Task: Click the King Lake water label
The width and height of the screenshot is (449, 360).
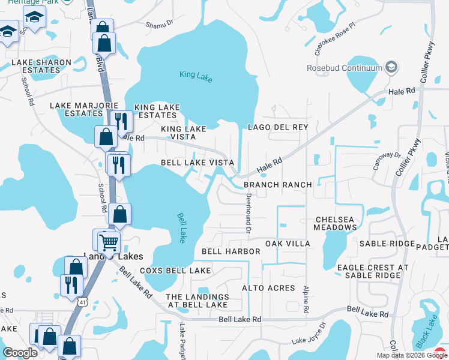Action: (x=196, y=76)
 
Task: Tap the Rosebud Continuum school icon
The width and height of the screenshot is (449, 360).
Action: (x=393, y=67)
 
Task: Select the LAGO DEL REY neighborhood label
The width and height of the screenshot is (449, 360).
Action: (x=278, y=127)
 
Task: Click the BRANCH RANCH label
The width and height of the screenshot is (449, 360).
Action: (x=278, y=185)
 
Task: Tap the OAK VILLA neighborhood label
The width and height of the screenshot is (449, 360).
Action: (x=288, y=244)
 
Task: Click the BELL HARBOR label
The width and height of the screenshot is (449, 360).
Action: (x=231, y=251)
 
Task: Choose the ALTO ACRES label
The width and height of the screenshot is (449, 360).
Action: (x=268, y=288)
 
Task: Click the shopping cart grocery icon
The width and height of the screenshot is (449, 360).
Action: (x=109, y=242)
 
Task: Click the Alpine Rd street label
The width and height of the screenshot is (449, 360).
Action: (x=306, y=299)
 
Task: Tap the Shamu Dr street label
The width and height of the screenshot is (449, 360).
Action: (x=160, y=24)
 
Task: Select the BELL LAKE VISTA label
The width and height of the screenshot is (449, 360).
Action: (x=197, y=163)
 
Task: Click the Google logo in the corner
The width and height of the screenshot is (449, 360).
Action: (x=20, y=353)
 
